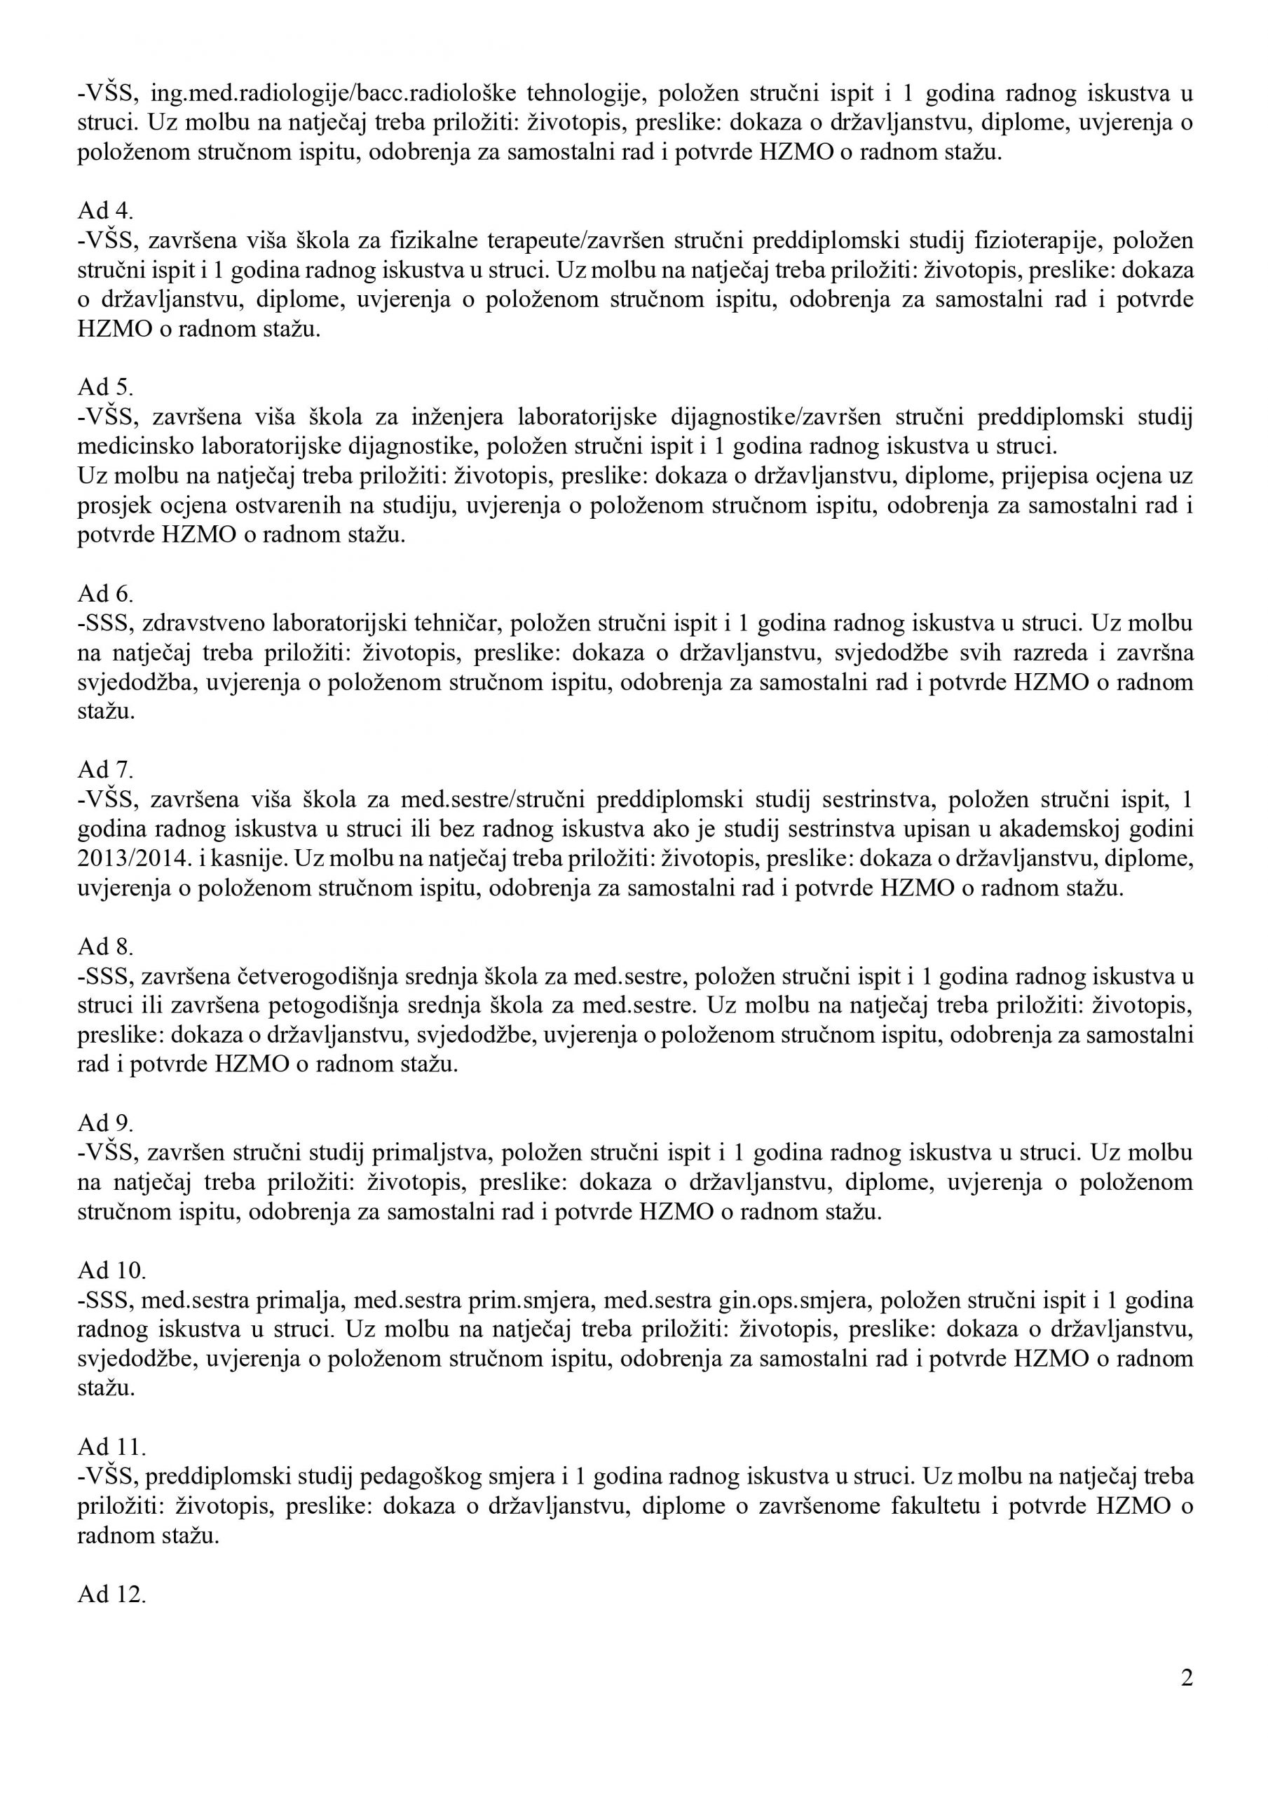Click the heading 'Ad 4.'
106,211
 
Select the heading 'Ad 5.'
106,388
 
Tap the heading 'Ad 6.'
106,594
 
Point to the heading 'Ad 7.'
106,770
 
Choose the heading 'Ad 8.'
106,947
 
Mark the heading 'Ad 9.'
106,1123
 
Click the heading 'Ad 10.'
111,1270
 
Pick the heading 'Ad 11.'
111,1447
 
